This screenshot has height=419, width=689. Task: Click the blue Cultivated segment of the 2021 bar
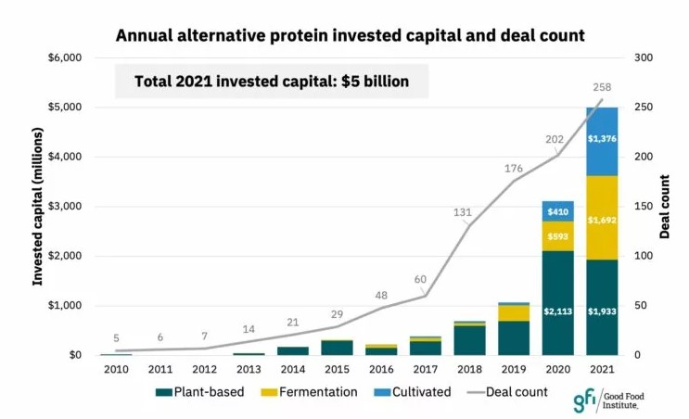pyautogui.click(x=602, y=141)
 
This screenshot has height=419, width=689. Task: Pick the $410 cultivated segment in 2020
pyautogui.click(x=558, y=211)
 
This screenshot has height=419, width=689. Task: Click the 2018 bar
pyautogui.click(x=470, y=338)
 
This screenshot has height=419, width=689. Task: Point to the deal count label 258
pyautogui.click(x=603, y=87)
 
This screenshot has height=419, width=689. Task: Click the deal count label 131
pyautogui.click(x=463, y=212)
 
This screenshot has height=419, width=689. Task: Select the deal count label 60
pyautogui.click(x=420, y=279)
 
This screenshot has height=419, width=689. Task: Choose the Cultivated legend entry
pyautogui.click(x=414, y=392)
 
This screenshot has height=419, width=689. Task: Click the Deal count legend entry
pyautogui.click(x=509, y=392)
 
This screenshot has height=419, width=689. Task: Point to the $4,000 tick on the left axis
pyautogui.click(x=65, y=157)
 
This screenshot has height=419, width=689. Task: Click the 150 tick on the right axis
pyautogui.click(x=642, y=207)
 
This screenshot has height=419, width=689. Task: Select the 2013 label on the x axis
pyautogui.click(x=249, y=370)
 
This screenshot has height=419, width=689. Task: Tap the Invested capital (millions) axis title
pyautogui.click(x=38, y=206)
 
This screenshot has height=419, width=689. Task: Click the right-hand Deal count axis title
pyautogui.click(x=665, y=206)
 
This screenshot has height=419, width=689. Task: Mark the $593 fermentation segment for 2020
pyautogui.click(x=558, y=235)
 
